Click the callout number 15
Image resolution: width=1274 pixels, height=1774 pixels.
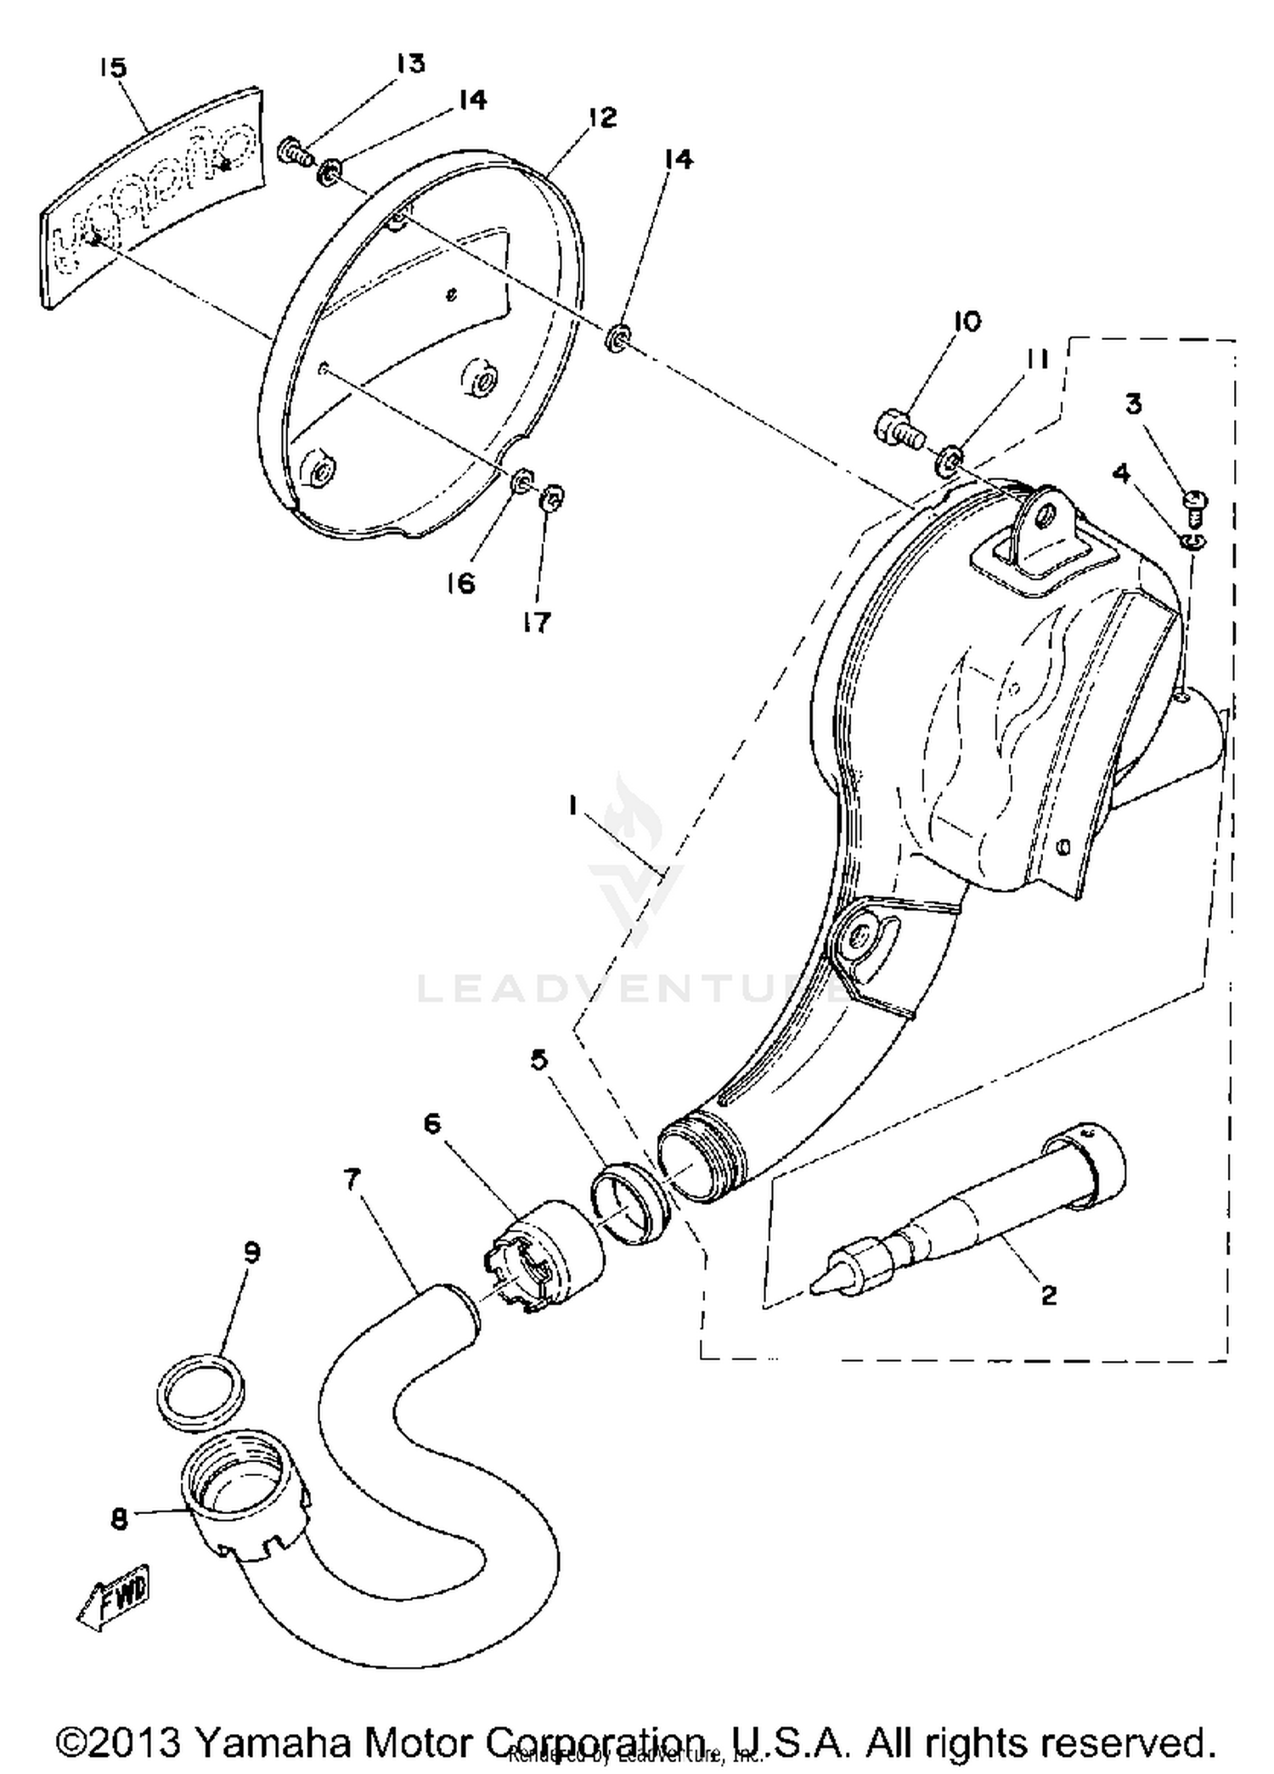point(112,67)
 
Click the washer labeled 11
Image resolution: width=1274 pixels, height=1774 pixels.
point(950,463)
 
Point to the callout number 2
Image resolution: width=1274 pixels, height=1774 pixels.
point(1049,1295)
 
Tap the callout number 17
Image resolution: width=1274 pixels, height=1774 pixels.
point(537,623)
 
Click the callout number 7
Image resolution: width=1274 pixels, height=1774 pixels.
point(352,1179)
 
